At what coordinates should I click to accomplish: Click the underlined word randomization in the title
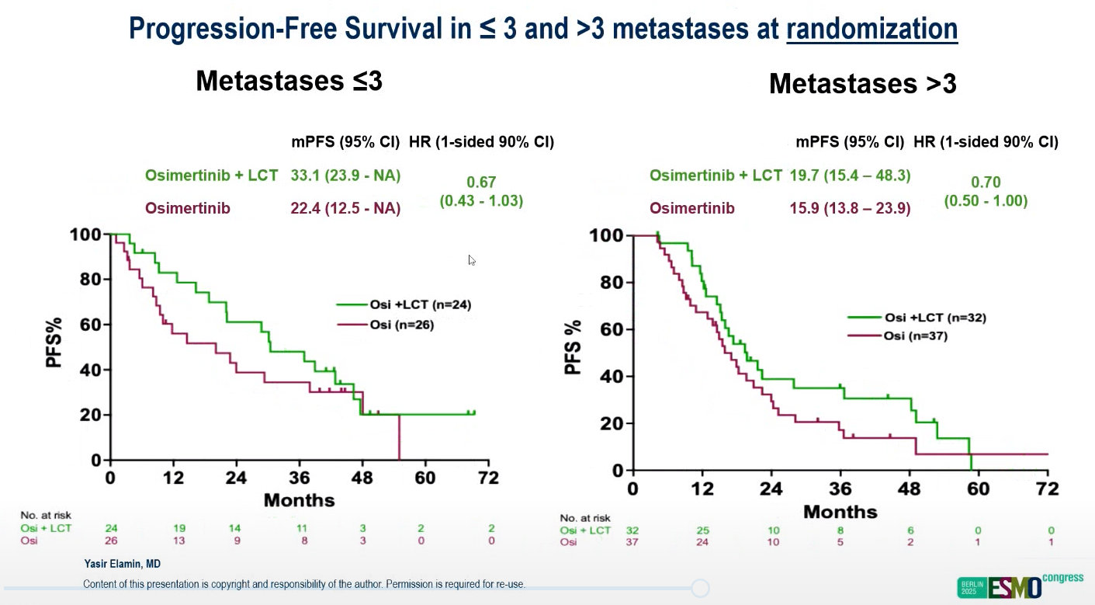(871, 29)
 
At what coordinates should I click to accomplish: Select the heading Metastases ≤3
(289, 81)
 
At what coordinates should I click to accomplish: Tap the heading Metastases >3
(862, 84)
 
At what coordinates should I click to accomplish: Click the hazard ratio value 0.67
(481, 183)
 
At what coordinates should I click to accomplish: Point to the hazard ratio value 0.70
(986, 183)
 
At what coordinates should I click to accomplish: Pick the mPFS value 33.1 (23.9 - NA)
(345, 176)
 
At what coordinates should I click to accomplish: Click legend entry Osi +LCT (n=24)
(403, 305)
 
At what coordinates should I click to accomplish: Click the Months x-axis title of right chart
(840, 512)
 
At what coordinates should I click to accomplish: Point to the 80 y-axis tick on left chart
(90, 280)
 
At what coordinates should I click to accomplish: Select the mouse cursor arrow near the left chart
(472, 260)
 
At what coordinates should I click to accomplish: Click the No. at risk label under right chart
(585, 518)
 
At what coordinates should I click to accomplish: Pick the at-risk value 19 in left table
(178, 528)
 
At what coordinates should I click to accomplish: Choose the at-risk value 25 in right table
(703, 530)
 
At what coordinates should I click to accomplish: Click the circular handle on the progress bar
(701, 588)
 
